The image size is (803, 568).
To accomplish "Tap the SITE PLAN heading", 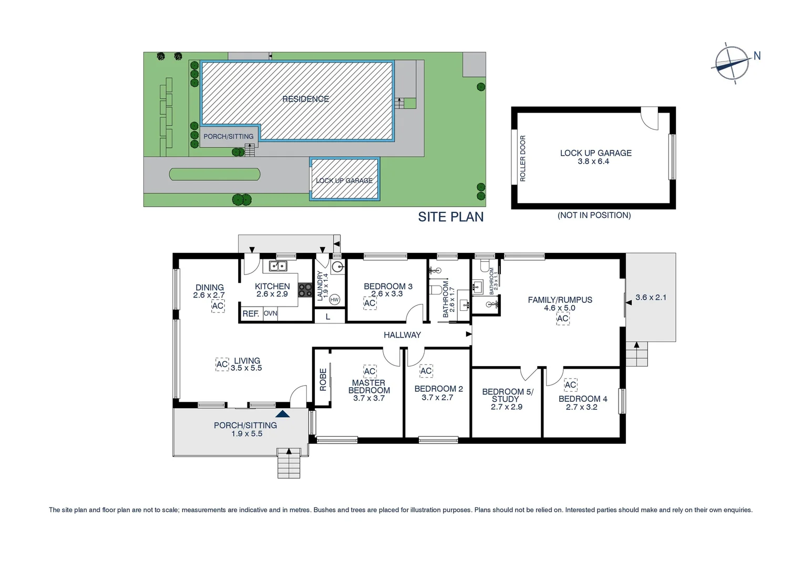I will pyautogui.click(x=450, y=217).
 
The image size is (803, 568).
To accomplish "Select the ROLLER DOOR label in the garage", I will pyautogui.click(x=522, y=158).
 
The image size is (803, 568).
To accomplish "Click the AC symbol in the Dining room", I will pyautogui.click(x=218, y=306).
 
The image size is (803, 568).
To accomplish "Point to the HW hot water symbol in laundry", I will pyautogui.click(x=334, y=300).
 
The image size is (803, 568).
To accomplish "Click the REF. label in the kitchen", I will pyautogui.click(x=251, y=313).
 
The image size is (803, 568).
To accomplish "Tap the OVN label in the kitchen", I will pyautogui.click(x=270, y=313).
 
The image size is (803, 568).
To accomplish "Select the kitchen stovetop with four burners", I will pyautogui.click(x=305, y=290).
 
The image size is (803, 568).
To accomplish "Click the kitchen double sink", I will pyautogui.click(x=278, y=266).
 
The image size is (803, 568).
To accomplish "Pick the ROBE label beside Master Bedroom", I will pyautogui.click(x=323, y=380).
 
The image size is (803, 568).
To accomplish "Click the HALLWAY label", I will pyautogui.click(x=402, y=335).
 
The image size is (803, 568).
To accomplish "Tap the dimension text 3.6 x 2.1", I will pyautogui.click(x=651, y=297).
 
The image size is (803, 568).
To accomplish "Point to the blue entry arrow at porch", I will pyautogui.click(x=282, y=414).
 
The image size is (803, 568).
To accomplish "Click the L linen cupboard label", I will pyautogui.click(x=328, y=317).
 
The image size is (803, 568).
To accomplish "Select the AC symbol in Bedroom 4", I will pyautogui.click(x=570, y=385).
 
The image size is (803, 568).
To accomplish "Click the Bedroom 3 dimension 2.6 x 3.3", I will pyautogui.click(x=387, y=294).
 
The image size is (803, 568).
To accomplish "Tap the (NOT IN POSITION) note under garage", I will pyautogui.click(x=594, y=215).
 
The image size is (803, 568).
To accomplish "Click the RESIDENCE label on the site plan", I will pyautogui.click(x=305, y=99).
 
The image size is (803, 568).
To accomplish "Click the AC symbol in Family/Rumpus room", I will pyautogui.click(x=562, y=318).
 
